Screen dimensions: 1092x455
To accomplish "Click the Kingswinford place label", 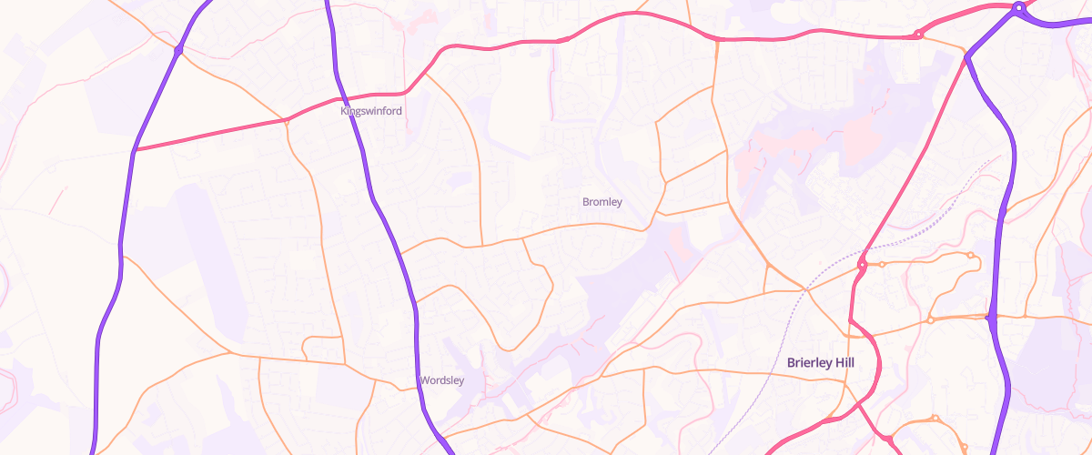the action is pyautogui.click(x=371, y=111).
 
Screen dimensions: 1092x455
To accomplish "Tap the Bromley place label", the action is pyautogui.click(x=602, y=202).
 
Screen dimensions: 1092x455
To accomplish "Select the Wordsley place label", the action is pyautogui.click(x=442, y=380).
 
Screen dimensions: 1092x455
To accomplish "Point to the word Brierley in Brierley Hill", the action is pyautogui.click(x=809, y=363).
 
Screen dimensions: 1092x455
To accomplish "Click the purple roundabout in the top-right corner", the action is pyautogui.click(x=1018, y=9).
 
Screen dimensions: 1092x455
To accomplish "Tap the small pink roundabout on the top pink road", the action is pyautogui.click(x=918, y=35).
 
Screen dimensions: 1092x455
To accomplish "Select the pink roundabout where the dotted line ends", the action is pyautogui.click(x=861, y=265).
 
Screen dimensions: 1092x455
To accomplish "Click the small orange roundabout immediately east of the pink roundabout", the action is pyautogui.click(x=882, y=264).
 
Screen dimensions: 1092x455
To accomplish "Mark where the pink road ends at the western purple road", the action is pyautogui.click(x=135, y=150).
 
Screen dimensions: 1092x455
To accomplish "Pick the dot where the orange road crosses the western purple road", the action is pyautogui.click(x=178, y=49).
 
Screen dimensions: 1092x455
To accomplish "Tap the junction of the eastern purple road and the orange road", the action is pyautogui.click(x=990, y=318).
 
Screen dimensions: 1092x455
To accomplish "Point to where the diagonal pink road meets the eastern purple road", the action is pyautogui.click(x=967, y=57).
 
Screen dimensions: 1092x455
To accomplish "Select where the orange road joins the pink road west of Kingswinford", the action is pyautogui.click(x=286, y=119).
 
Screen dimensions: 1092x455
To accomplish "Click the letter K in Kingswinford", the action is pyautogui.click(x=344, y=111).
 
